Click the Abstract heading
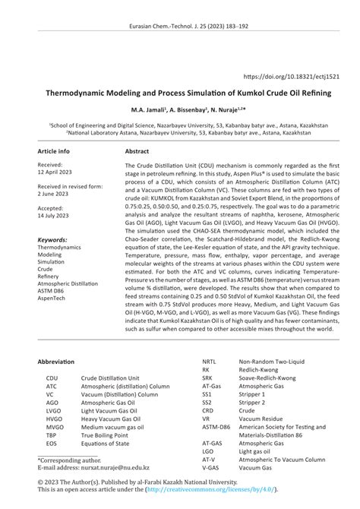point(137,151)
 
